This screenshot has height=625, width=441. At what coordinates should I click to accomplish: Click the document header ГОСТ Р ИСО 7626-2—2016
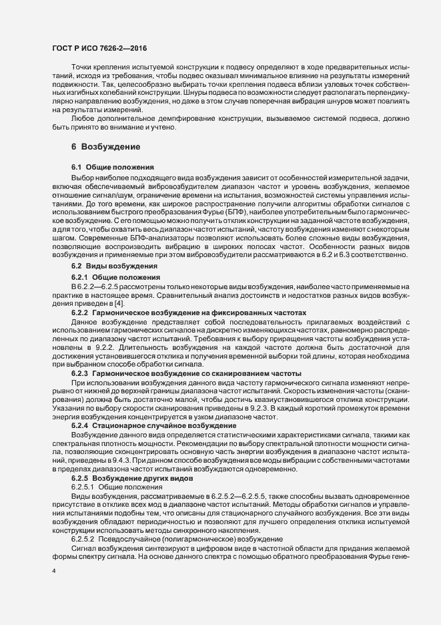coord(99,49)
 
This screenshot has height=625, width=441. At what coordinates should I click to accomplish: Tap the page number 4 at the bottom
coord(54,571)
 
